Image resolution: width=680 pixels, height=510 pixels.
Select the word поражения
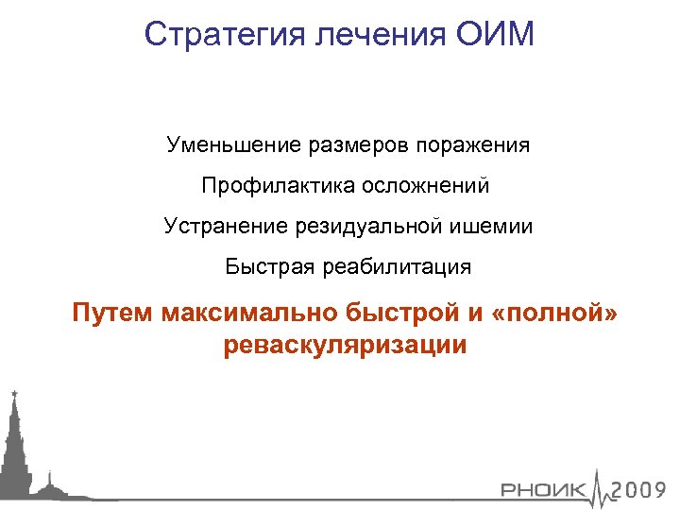(x=479, y=145)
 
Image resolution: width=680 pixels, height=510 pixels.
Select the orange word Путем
(x=112, y=313)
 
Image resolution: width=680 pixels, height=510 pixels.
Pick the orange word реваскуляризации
(x=346, y=345)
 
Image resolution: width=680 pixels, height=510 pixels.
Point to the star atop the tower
(x=13, y=391)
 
